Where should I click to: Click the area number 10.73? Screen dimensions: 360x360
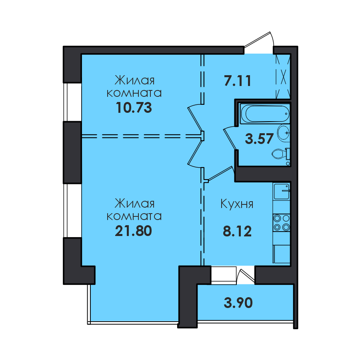(x=134, y=108)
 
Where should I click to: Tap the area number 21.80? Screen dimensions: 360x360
(x=133, y=231)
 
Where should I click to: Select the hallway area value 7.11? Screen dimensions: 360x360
(x=238, y=81)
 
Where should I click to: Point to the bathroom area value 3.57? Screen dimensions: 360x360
(x=259, y=139)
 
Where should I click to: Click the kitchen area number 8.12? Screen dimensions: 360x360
(x=237, y=231)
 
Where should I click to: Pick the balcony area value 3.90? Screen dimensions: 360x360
(x=238, y=303)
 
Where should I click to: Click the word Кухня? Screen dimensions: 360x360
(x=237, y=204)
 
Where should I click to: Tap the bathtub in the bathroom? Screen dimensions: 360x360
(x=264, y=114)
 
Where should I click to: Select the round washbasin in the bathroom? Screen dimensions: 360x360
(x=284, y=132)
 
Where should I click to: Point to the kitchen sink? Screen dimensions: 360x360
(x=282, y=191)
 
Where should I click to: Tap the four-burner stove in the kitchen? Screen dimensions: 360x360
(x=282, y=222)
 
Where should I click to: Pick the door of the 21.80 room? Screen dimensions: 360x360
(x=195, y=153)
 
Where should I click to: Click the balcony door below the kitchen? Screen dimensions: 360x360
(x=246, y=276)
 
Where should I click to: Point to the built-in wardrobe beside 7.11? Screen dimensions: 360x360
(x=283, y=77)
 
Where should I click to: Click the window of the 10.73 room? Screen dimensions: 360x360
(x=66, y=102)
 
